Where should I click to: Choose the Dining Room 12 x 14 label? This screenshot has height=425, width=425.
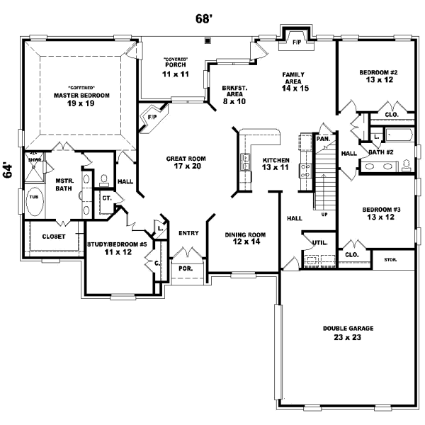coord(244,239)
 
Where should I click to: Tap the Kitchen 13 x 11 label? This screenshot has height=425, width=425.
coord(276,164)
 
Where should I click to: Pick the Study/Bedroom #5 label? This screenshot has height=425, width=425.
coord(117,249)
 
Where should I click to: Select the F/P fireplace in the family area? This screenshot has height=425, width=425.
coord(296,42)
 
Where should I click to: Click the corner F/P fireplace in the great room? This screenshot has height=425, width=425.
coord(152,117)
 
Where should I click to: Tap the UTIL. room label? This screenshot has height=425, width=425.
coord(319,243)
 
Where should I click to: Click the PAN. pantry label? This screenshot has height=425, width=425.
coord(322,139)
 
